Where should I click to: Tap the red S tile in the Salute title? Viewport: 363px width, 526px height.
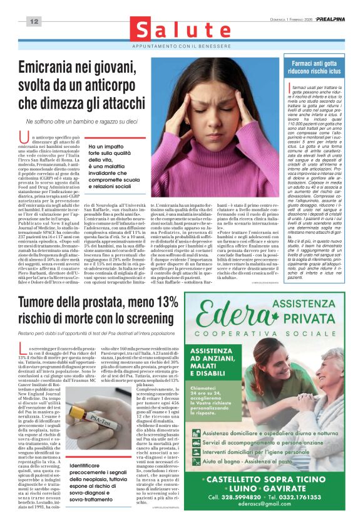[x=146, y=31]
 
